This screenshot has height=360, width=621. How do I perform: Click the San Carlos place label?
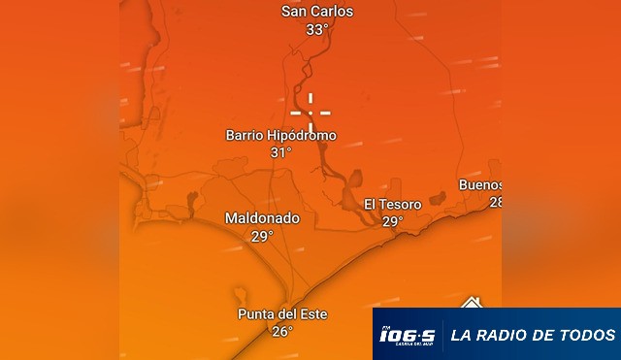click(316, 12)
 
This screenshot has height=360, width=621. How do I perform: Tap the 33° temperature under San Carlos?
click(316, 29)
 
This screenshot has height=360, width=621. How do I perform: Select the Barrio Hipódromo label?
click(280, 136)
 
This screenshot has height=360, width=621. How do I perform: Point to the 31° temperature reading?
click(280, 152)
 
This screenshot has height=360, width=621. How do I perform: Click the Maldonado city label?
click(262, 218)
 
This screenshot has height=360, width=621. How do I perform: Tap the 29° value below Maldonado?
click(262, 236)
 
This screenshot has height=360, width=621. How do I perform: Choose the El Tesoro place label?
click(392, 205)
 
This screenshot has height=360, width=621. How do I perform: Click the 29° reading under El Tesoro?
click(392, 221)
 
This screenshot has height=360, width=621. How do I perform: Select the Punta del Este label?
click(282, 314)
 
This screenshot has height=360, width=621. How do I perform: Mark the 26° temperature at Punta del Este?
click(281, 332)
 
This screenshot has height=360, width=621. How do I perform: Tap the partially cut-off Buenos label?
click(481, 185)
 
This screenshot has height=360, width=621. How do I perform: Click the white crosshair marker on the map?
click(310, 114)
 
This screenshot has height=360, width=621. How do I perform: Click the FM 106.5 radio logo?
click(407, 336)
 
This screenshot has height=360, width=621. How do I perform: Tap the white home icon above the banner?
click(472, 303)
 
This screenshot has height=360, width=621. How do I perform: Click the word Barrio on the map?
click(245, 136)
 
